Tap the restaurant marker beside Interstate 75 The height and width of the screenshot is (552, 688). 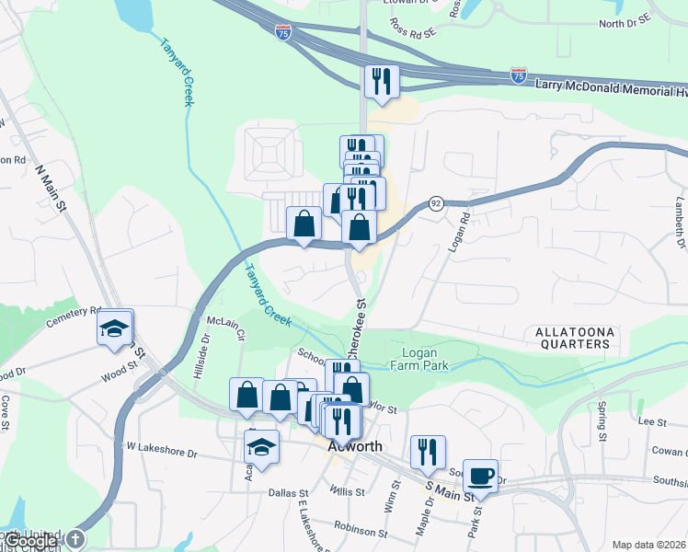[x=380, y=82]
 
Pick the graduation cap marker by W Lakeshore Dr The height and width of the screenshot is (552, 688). [x=261, y=448]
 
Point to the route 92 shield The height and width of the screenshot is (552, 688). [x=435, y=203]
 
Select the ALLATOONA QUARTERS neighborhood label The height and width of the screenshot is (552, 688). [x=570, y=337]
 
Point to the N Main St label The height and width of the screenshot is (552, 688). [x=51, y=186]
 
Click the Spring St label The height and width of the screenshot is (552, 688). [x=602, y=418]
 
